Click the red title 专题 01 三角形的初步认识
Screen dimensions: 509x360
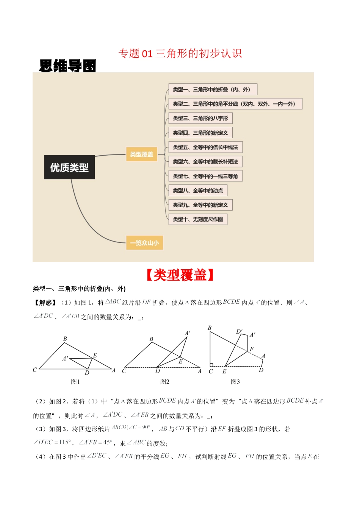[180, 53]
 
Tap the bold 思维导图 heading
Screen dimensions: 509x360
[67, 66]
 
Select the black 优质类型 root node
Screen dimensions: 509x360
[69, 167]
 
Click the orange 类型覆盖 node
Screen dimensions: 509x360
[141, 155]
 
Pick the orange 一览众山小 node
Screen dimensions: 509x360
[144, 243]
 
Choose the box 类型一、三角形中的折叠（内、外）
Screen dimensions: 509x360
[213, 89]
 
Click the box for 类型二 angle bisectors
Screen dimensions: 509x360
[235, 104]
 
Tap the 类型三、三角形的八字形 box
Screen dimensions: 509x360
[200, 118]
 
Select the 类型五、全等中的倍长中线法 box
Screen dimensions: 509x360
[205, 147]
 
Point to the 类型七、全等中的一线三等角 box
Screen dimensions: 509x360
[205, 176]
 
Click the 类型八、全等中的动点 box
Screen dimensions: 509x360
[198, 190]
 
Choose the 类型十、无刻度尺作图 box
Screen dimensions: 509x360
[198, 219]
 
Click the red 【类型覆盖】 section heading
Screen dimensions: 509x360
[180, 275]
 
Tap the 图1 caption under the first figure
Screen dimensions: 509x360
[75, 381]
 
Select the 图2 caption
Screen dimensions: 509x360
[164, 381]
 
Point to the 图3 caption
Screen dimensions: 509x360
[235, 381]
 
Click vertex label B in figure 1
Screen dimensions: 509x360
[65, 339]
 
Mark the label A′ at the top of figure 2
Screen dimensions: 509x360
[188, 333]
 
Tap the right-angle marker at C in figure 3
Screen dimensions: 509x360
[212, 365]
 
